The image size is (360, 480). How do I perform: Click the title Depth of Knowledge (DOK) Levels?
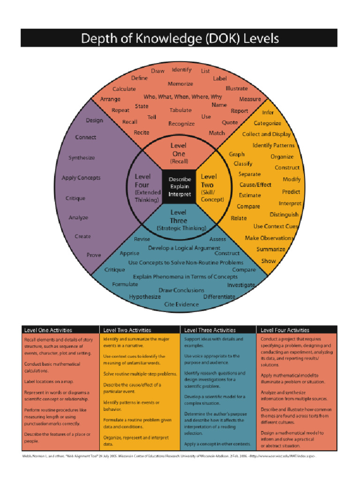180,38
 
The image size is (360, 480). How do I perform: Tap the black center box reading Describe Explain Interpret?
180,187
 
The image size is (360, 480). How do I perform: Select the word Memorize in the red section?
180,84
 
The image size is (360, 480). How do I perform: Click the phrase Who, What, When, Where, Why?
183,97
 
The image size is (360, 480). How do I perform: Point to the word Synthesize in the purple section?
82,158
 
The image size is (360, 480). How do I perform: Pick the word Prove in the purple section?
94,255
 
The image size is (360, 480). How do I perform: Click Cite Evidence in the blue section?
181,304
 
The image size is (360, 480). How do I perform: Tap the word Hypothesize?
145,297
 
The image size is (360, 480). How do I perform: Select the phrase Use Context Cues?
276,226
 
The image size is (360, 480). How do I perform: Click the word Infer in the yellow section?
268,112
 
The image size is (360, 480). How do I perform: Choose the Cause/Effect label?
255,185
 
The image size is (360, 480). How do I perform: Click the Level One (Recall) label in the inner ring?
179,153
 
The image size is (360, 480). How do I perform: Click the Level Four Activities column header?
285,330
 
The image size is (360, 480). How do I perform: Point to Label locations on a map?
49,382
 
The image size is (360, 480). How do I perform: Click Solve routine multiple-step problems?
140,374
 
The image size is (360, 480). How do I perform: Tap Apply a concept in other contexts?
217,443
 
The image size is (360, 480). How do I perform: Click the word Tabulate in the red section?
180,110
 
